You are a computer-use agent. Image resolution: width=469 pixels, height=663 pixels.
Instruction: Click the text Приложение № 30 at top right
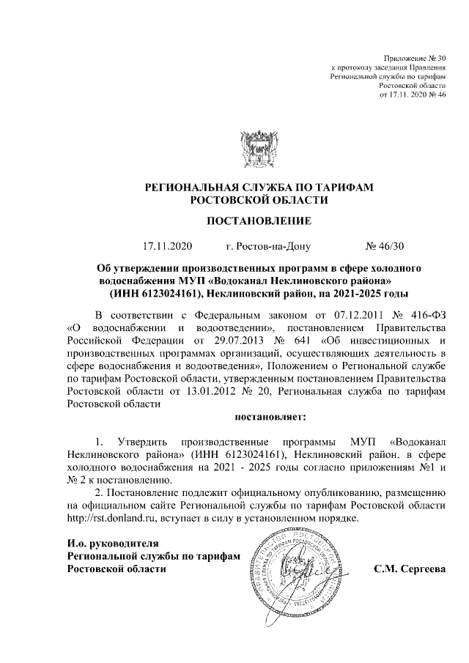pyautogui.click(x=416, y=58)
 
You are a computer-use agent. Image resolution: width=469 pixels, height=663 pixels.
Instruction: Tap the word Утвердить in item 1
pyautogui.click(x=146, y=442)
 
